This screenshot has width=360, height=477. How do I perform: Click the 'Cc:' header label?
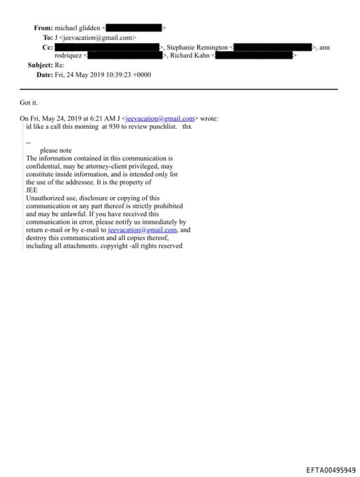coord(48,46)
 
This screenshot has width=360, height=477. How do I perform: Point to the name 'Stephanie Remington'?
coord(197,46)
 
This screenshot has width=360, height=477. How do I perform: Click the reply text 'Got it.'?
coord(29,103)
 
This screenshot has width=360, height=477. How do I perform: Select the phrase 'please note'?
coord(56,151)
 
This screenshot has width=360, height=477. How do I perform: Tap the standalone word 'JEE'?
coord(32,190)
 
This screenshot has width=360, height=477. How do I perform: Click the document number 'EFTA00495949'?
coord(330,470)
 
